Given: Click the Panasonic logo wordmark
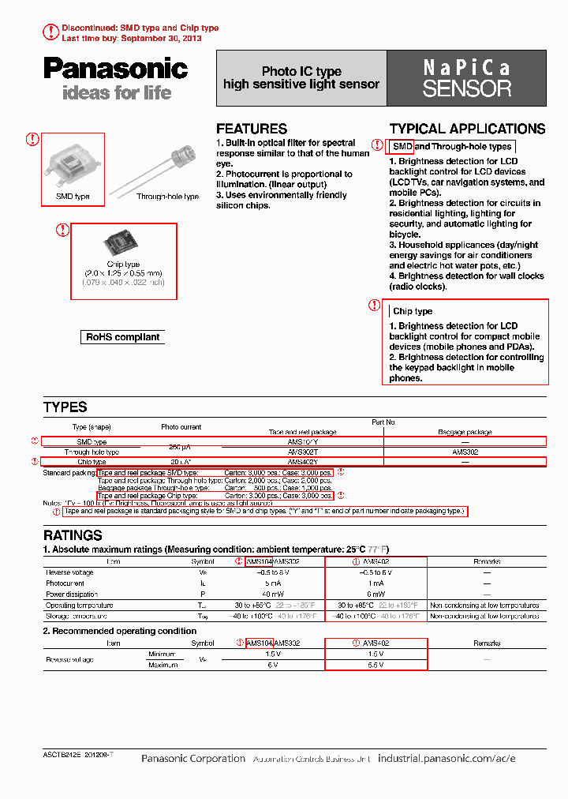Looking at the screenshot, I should click(x=115, y=69).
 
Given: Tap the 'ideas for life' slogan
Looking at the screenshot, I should click(x=116, y=93).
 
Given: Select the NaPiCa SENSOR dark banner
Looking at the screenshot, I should click(x=466, y=78).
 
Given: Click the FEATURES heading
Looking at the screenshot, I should click(x=252, y=129).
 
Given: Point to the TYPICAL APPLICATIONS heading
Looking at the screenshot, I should click(x=467, y=129).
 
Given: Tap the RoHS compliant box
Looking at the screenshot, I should click(x=123, y=337).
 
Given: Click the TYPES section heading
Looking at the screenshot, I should click(x=65, y=407).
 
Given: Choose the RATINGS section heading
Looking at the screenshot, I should click(x=73, y=535).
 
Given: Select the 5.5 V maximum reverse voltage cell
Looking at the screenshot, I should click(x=376, y=665).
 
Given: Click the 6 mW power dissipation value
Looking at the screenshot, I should click(x=376, y=594).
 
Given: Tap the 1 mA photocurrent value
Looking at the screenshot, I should click(x=376, y=583).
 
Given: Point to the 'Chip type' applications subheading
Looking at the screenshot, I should click(x=413, y=311).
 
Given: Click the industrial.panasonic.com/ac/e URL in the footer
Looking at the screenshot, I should click(x=447, y=759).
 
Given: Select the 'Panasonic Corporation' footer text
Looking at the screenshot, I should click(x=193, y=759).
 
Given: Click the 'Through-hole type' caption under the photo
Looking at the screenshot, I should click(x=167, y=197).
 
